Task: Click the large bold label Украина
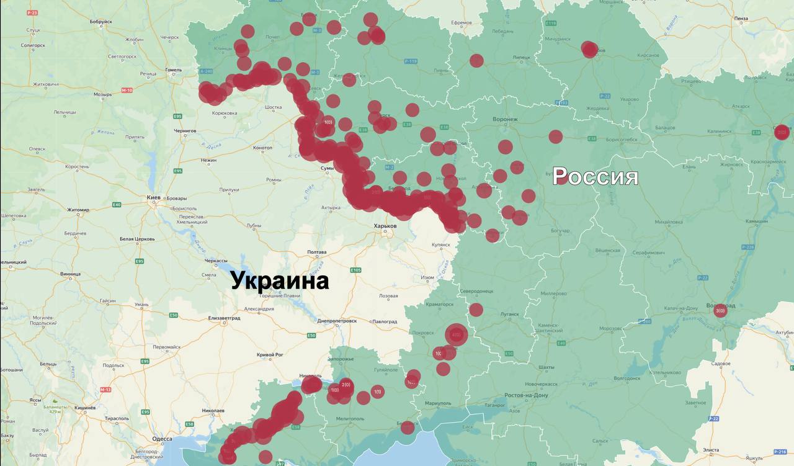pos(280,280)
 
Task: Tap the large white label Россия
pos(595,176)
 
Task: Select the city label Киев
pos(153,197)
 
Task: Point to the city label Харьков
pos(385,226)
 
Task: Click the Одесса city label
pos(162,438)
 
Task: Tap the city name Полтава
pos(316,253)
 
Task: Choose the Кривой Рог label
pos(270,354)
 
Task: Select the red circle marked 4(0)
pos(457,335)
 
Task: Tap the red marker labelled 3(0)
pos(720,310)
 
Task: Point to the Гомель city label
pos(174,69)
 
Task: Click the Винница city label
pos(71,274)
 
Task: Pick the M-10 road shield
pos(127,91)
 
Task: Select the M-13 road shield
pos(105,390)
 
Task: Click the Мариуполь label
pos(439,403)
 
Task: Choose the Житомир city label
pos(79,210)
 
